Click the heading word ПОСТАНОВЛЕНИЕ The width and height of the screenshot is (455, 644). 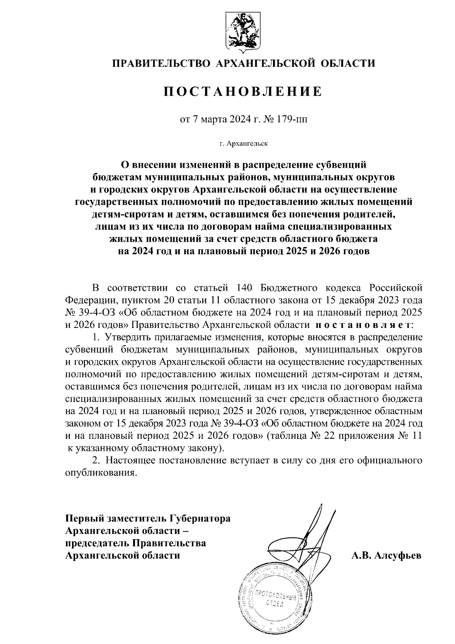[x=243, y=91]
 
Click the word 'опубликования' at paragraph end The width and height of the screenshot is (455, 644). [x=100, y=473]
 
